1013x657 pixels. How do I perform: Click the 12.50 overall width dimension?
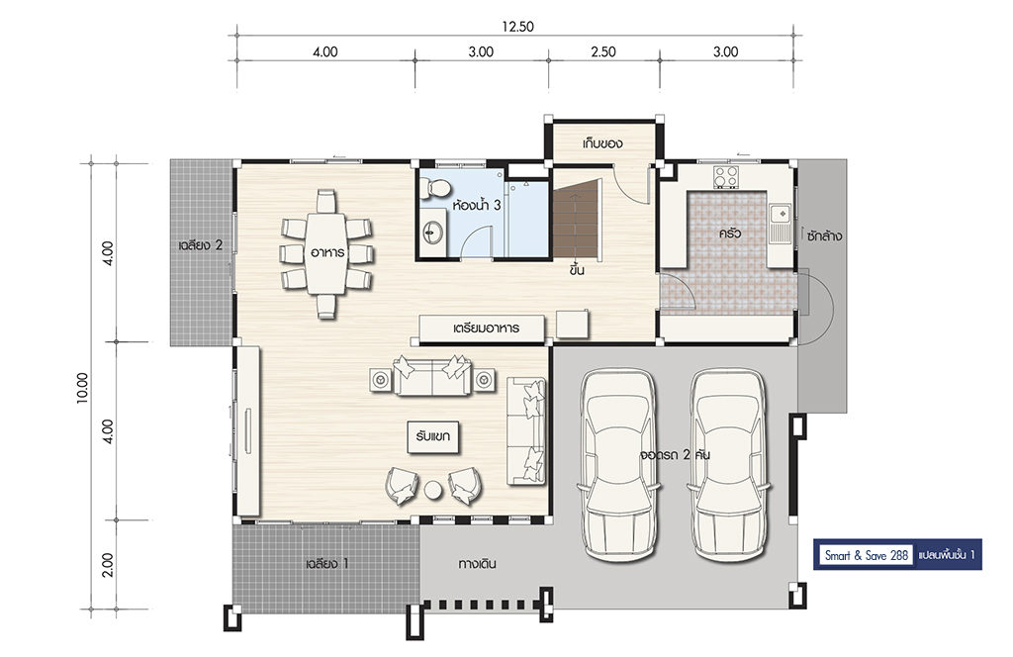(518, 27)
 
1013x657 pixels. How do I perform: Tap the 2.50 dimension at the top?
(602, 51)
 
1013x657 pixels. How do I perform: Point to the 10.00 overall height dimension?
(83, 388)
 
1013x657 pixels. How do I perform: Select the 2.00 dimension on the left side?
(108, 565)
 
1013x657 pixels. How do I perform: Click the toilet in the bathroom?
(434, 188)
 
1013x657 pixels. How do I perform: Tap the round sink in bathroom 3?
(433, 233)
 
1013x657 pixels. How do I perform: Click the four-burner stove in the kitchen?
(725, 176)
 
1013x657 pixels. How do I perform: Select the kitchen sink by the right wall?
(781, 222)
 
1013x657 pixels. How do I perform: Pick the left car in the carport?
(620, 464)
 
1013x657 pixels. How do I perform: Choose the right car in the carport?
(728, 464)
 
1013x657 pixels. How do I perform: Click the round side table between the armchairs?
(433, 491)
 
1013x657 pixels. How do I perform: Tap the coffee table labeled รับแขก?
(433, 436)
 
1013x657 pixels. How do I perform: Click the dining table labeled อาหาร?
(326, 252)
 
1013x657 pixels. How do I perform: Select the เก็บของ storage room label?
(602, 142)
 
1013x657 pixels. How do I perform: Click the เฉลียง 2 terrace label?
(200, 245)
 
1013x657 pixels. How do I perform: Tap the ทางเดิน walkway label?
(478, 564)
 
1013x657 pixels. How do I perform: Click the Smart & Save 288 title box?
(867, 555)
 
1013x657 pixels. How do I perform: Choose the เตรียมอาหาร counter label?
(486, 328)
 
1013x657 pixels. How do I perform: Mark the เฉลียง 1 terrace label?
(326, 564)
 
